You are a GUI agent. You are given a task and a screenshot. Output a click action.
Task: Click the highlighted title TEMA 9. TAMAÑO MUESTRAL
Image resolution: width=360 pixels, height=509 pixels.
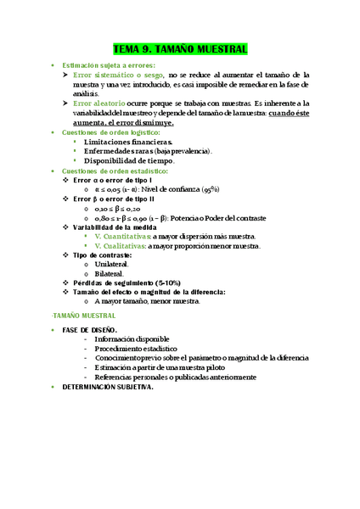(180, 49)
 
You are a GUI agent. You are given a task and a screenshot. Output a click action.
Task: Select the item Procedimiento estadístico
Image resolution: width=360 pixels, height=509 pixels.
(136, 349)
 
